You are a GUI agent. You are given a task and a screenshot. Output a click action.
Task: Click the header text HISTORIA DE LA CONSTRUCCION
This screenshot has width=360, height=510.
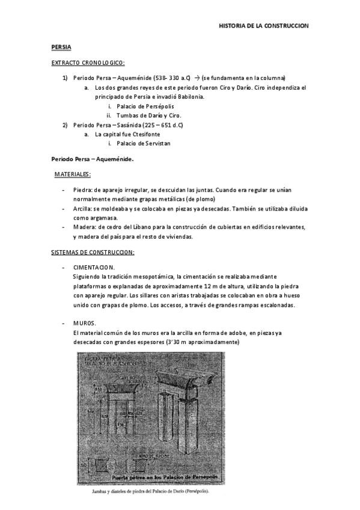(x=263, y=26)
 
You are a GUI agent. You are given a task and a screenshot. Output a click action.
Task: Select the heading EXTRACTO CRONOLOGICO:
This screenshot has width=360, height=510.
(x=88, y=63)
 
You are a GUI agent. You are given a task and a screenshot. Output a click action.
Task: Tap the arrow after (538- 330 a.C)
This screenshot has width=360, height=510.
(x=197, y=78)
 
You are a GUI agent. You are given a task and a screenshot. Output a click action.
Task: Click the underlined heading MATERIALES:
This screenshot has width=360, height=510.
(x=73, y=174)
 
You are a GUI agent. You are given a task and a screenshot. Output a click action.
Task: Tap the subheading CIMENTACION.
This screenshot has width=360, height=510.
(x=94, y=267)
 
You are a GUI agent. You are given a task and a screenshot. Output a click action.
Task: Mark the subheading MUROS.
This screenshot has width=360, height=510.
(x=83, y=322)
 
